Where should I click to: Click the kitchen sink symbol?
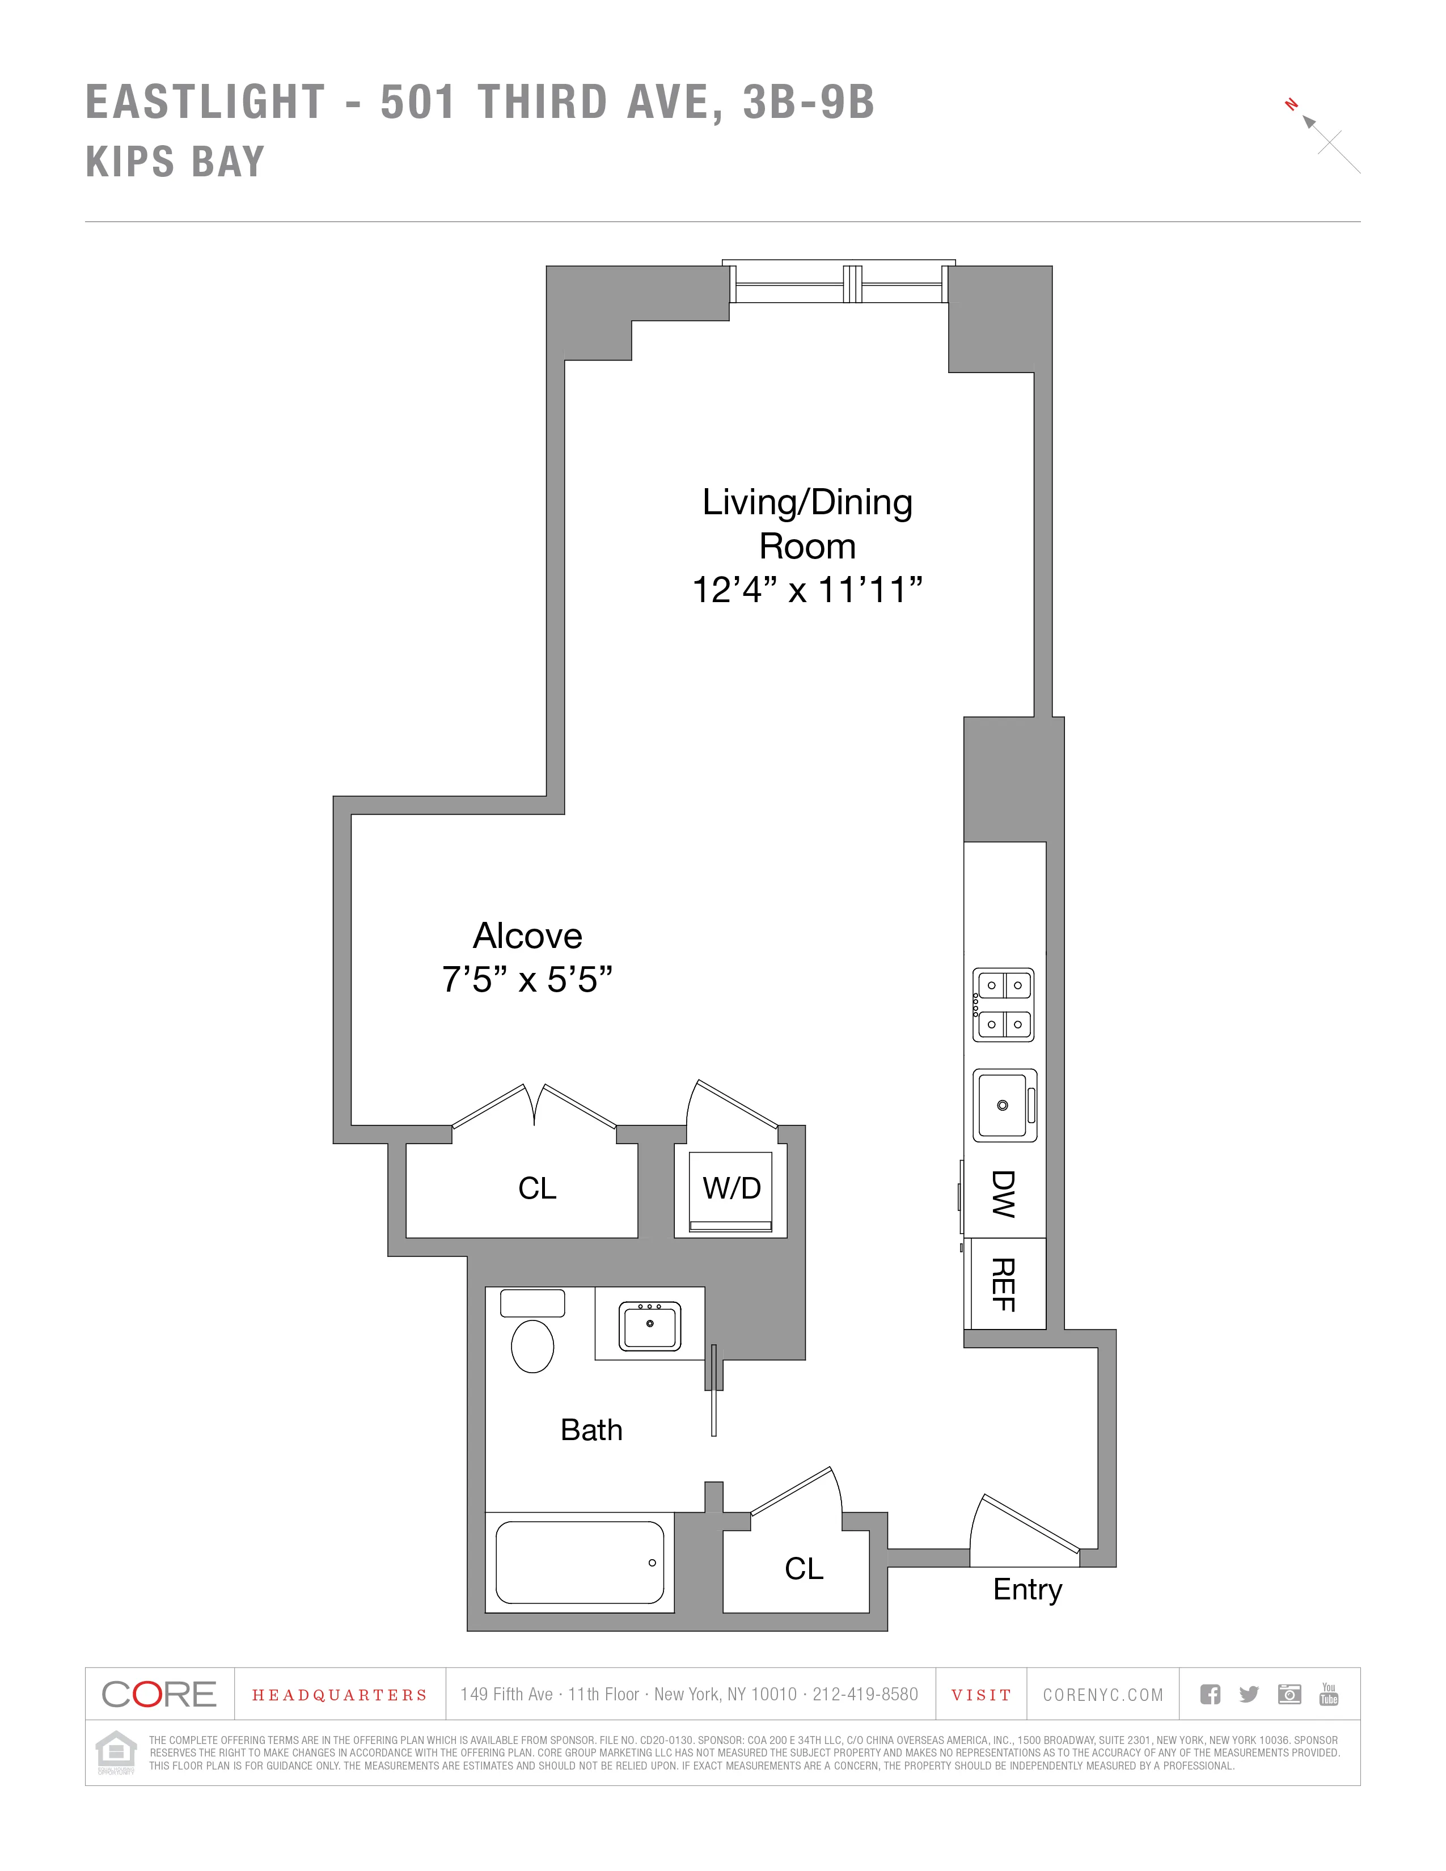tap(1004, 1105)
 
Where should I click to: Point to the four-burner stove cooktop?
tap(1004, 1005)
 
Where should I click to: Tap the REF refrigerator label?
tap(1003, 1284)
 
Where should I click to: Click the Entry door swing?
tap(1024, 1530)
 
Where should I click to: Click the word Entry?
tap(1027, 1590)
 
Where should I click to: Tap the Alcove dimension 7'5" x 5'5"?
tap(527, 979)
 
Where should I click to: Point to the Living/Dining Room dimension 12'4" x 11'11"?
tap(807, 590)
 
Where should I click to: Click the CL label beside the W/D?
tap(537, 1189)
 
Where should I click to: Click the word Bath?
tap(591, 1430)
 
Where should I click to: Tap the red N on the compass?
tap(1291, 105)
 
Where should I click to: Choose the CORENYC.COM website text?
tap(1102, 1695)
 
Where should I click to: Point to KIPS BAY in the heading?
tap(176, 162)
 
